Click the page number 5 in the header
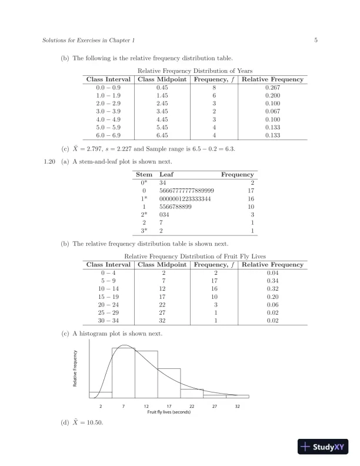(x=316, y=41)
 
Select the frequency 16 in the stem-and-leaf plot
(x=250, y=199)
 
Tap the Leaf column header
(x=166, y=175)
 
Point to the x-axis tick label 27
(x=215, y=406)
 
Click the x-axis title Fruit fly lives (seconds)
(x=169, y=412)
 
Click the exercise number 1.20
(x=50, y=161)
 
